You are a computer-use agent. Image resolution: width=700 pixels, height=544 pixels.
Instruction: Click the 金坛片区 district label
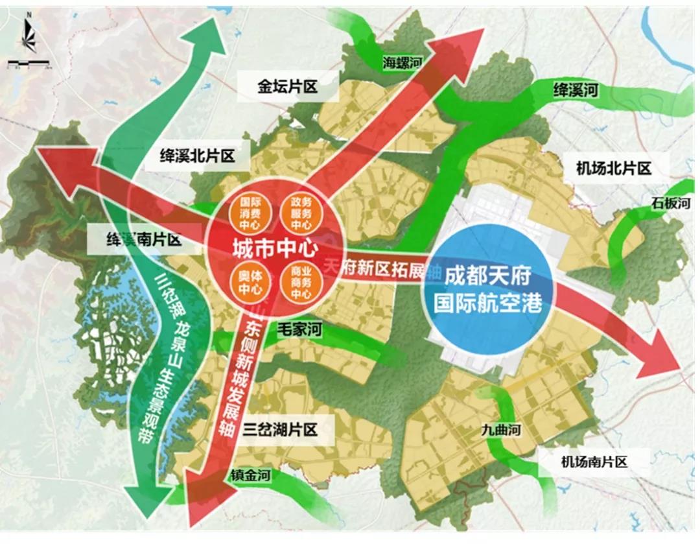288,86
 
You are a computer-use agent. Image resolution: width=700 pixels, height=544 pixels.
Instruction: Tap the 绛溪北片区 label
196,155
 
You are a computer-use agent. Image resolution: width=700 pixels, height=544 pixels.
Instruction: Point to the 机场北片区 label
613,169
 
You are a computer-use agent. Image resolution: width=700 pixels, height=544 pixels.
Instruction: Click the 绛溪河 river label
575,89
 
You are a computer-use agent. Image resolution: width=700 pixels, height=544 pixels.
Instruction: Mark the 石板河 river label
671,204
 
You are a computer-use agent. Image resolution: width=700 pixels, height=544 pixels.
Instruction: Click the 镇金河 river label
250,476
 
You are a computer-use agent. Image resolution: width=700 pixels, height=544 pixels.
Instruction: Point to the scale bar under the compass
30,65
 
